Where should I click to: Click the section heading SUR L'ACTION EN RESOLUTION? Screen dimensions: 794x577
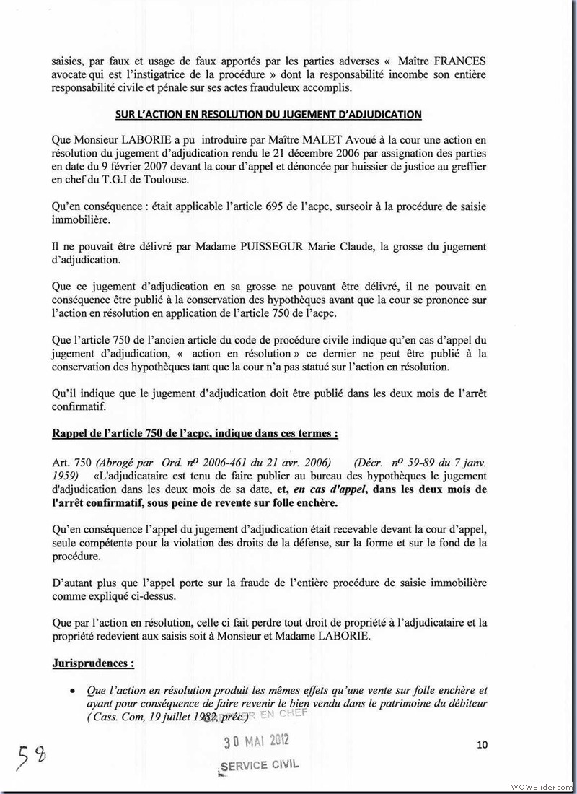[x=268, y=115]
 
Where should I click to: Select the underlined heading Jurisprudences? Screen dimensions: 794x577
[x=93, y=662]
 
